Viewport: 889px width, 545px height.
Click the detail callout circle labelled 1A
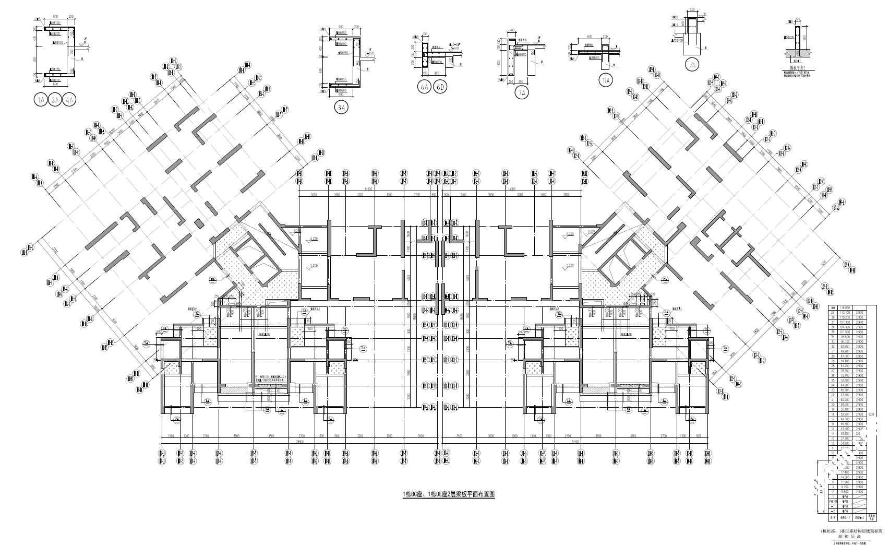pyautogui.click(x=40, y=100)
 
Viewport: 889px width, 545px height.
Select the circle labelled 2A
pyautogui.click(x=55, y=100)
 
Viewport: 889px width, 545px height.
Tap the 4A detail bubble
pyautogui.click(x=69, y=100)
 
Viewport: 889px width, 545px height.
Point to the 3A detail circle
pyautogui.click(x=341, y=108)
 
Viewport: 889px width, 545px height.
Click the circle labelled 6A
pyautogui.click(x=424, y=87)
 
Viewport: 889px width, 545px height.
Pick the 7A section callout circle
pyautogui.click(x=521, y=93)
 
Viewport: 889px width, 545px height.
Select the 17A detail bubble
pyautogui.click(x=606, y=80)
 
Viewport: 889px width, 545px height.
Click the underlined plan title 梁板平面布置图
pyautogui.click(x=449, y=494)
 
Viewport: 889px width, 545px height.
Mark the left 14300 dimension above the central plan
pyautogui.click(x=368, y=189)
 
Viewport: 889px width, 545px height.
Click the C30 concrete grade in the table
pyautogui.click(x=872, y=414)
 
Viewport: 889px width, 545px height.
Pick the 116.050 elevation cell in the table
pyautogui.click(x=844, y=308)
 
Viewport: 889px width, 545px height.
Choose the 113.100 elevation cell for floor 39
pyautogui.click(x=844, y=313)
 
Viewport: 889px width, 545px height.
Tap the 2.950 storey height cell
pyautogui.click(x=858, y=313)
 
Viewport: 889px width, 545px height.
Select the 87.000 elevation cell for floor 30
pyautogui.click(x=844, y=356)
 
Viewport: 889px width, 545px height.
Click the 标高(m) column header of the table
pyautogui.click(x=844, y=518)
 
